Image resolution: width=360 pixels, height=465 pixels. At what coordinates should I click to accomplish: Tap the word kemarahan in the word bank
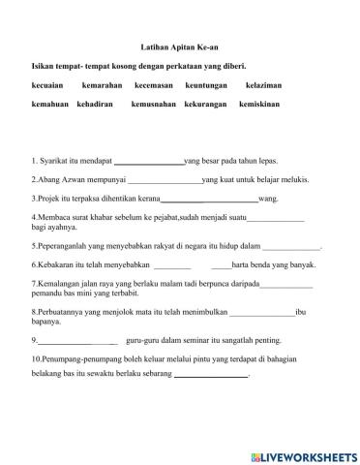tap(102, 86)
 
